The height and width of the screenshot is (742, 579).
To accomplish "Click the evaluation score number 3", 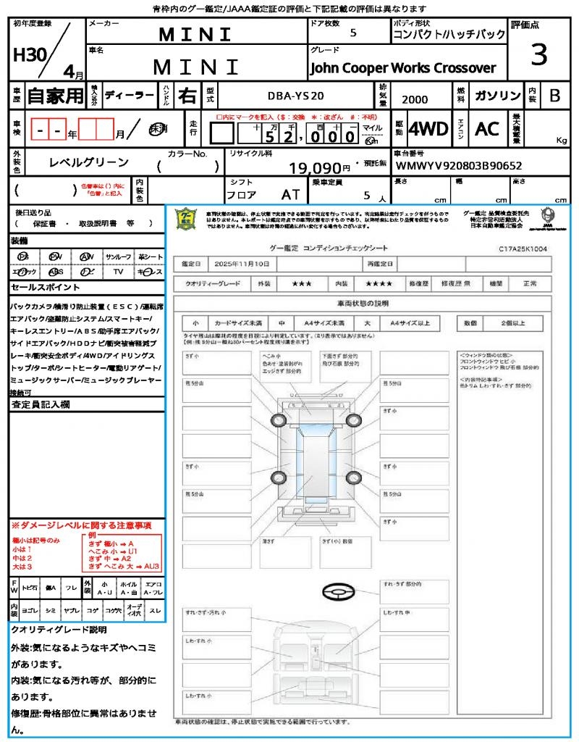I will (x=538, y=55).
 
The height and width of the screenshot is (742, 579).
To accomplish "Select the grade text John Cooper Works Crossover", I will (x=403, y=68).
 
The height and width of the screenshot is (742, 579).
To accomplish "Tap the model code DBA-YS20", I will (x=296, y=95).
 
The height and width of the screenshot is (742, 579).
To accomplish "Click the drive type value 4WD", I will (x=428, y=129).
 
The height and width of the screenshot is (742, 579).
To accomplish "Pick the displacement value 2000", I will (x=415, y=99).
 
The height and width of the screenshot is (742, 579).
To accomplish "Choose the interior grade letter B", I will (x=554, y=96).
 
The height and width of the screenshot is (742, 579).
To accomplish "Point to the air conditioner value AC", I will (x=487, y=129).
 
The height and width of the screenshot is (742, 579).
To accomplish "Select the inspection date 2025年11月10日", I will (x=246, y=263).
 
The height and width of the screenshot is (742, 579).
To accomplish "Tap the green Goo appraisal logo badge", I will (x=187, y=219).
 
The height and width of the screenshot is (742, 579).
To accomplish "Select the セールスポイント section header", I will (x=41, y=288).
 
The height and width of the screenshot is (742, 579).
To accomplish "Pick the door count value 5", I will (x=352, y=33).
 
